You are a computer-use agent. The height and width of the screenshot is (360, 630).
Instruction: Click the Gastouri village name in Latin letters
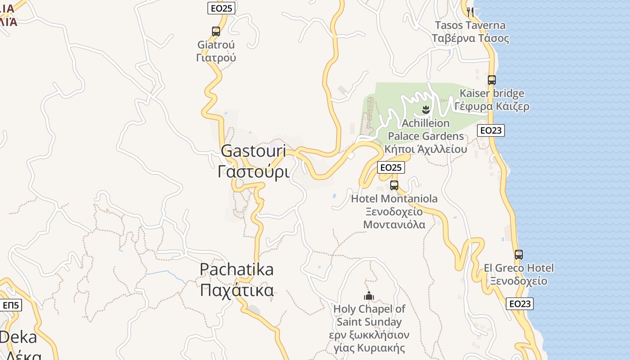click(x=253, y=151)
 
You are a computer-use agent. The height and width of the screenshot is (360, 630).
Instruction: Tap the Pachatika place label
click(x=236, y=269)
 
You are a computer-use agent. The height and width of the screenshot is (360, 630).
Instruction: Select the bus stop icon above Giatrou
click(x=216, y=31)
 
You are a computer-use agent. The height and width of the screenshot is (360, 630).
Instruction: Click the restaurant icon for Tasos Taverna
click(x=470, y=12)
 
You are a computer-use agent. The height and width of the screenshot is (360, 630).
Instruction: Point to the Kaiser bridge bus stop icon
click(x=491, y=80)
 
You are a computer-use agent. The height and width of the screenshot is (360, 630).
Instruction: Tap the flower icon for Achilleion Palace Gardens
click(x=425, y=109)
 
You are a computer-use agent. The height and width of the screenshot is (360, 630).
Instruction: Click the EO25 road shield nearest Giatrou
click(x=221, y=8)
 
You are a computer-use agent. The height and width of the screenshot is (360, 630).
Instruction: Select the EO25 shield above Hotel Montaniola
click(x=391, y=167)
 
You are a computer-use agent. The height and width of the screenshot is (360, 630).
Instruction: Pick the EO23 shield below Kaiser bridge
click(x=490, y=130)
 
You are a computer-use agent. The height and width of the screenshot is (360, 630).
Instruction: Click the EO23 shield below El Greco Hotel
click(x=520, y=304)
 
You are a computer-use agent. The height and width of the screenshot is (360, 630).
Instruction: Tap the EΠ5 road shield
click(x=11, y=306)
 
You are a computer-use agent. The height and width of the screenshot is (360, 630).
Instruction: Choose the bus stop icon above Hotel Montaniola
click(x=394, y=185)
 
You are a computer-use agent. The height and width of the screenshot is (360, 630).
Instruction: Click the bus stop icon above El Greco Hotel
click(x=518, y=254)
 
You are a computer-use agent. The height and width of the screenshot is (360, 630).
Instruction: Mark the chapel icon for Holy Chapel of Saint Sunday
click(x=369, y=296)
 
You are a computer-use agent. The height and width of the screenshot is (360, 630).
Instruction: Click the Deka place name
click(x=18, y=337)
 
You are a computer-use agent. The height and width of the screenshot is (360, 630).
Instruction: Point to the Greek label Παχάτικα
click(x=237, y=290)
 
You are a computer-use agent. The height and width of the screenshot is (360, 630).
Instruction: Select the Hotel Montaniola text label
click(x=394, y=198)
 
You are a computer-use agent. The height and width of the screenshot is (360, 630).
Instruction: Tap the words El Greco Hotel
click(x=518, y=268)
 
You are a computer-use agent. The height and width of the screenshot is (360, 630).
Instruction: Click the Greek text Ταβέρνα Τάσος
click(x=470, y=38)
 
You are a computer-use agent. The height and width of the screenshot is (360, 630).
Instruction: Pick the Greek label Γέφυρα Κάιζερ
click(x=491, y=107)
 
